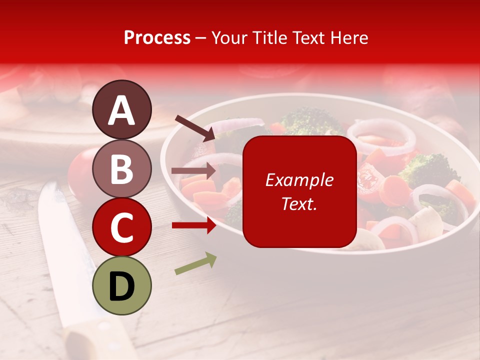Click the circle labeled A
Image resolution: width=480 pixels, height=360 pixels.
point(121,109)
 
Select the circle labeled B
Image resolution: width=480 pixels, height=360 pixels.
point(121,168)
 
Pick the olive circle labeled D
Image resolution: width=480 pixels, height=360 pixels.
point(121,285)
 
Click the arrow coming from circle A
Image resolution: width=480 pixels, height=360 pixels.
point(194,127)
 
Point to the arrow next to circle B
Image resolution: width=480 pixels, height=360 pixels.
point(194,170)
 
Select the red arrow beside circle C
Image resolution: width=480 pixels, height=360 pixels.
point(194,225)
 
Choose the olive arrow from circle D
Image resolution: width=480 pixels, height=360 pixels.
point(195,263)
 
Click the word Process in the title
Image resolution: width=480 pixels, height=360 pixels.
point(157,37)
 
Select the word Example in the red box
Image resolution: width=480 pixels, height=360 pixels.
point(299,180)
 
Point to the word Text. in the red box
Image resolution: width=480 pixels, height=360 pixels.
point(299,203)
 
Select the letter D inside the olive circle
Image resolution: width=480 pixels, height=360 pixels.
point(121,286)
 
